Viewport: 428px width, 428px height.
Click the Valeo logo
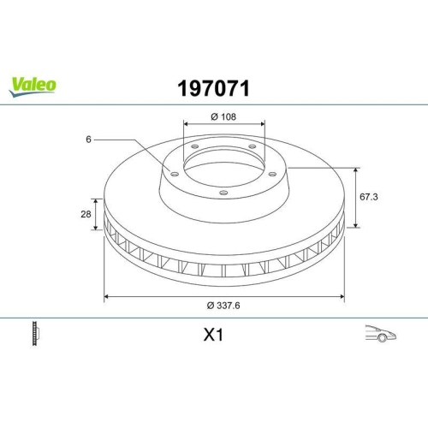tap(33, 84)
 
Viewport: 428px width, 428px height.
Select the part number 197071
tap(213, 87)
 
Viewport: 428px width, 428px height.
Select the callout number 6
tap(88, 138)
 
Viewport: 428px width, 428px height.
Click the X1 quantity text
tap(214, 336)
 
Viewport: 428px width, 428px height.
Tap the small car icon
tap(378, 334)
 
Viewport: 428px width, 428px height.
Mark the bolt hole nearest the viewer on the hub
tap(223, 193)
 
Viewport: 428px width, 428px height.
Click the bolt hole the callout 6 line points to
tap(175, 174)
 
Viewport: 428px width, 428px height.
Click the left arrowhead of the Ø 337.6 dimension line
tap(106, 297)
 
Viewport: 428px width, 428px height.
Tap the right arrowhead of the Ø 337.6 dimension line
tap(343, 297)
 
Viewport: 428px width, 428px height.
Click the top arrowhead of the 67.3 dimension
tap(357, 169)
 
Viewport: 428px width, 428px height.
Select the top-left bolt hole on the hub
tap(194, 146)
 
